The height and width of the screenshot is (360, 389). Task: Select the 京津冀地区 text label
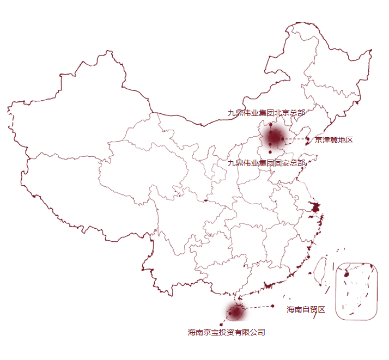pyautogui.click(x=333, y=140)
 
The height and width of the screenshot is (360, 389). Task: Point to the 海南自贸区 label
pyautogui.click(x=306, y=309)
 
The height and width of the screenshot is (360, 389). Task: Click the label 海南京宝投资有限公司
pyautogui.click(x=226, y=332)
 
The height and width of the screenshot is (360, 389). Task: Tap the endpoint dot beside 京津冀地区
pyautogui.click(x=308, y=139)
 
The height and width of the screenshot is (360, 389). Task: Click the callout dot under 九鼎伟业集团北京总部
pyautogui.click(x=270, y=125)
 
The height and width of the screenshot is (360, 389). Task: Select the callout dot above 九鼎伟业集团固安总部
pyautogui.click(x=270, y=152)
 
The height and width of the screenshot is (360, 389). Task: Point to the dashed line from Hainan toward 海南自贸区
pyautogui.click(x=256, y=308)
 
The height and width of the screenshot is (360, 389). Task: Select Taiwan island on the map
pyautogui.click(x=321, y=271)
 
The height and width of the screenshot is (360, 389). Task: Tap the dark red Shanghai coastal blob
pyautogui.click(x=315, y=207)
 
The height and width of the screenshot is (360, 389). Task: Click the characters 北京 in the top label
pyautogui.click(x=282, y=113)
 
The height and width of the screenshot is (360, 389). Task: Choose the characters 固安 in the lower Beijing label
pyautogui.click(x=282, y=163)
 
